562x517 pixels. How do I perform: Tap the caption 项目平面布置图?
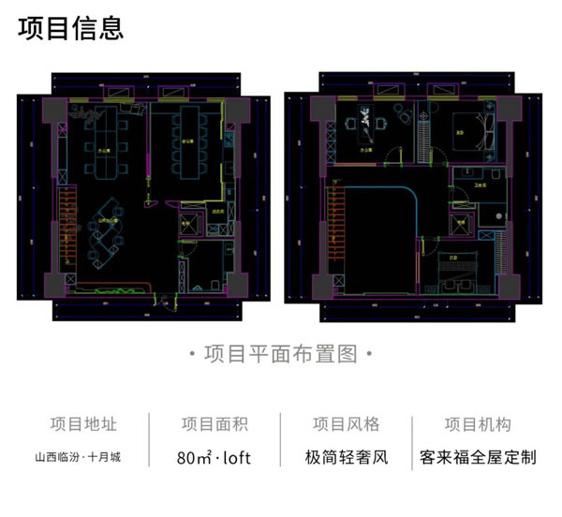click(x=280, y=354)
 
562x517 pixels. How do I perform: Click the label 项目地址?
click(x=84, y=424)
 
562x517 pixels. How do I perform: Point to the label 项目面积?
click(x=214, y=424)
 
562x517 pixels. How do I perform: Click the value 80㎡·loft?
click(x=214, y=459)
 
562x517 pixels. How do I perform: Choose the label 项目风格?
click(x=346, y=424)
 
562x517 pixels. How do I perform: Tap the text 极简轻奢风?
click(x=346, y=459)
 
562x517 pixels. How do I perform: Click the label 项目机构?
click(x=478, y=424)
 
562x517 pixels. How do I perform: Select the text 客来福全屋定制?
click(x=478, y=459)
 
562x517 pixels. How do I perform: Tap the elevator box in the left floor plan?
click(x=190, y=223)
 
